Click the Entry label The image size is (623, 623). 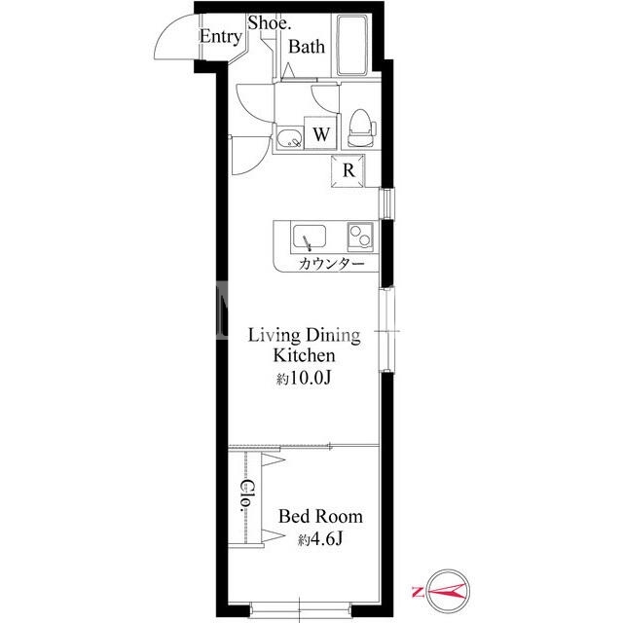(221, 37)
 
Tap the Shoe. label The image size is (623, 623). (270, 22)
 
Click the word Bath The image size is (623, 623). (307, 47)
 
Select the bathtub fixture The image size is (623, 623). (352, 45)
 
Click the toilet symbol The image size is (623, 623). (362, 128)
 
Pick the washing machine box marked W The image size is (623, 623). (320, 133)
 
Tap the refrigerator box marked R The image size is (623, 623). (348, 171)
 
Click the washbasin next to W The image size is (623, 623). (289, 138)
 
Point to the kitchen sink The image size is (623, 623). (310, 238)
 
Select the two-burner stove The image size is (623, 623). (360, 237)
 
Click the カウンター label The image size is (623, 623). (331, 264)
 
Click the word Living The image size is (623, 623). (275, 336)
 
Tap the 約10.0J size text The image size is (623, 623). (304, 379)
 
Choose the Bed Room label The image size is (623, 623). (320, 517)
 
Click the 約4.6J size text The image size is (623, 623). (320, 539)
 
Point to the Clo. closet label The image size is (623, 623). (247, 495)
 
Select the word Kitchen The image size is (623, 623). (304, 355)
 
